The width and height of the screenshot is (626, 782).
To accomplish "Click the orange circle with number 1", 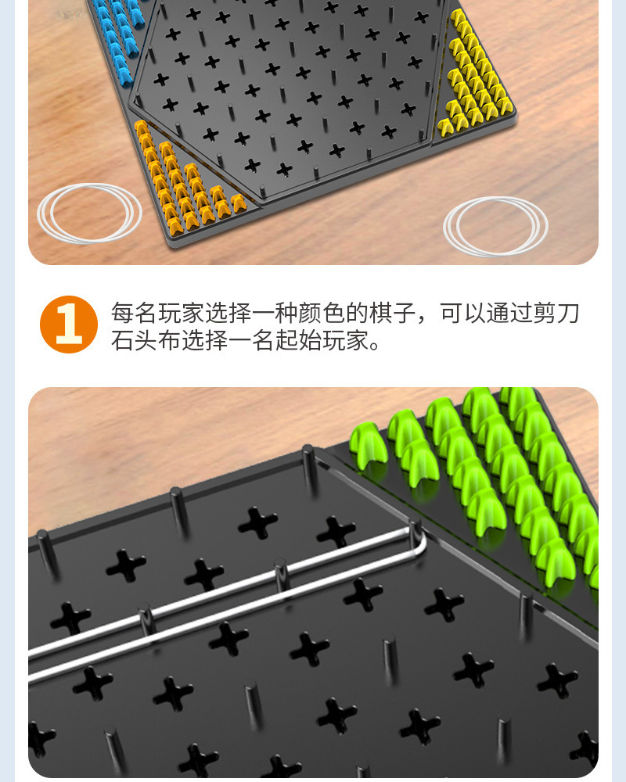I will pyautogui.click(x=69, y=325).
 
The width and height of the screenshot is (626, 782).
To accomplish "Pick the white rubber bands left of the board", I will pyautogui.click(x=89, y=213).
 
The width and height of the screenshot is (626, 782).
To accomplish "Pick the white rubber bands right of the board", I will pyautogui.click(x=495, y=226).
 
